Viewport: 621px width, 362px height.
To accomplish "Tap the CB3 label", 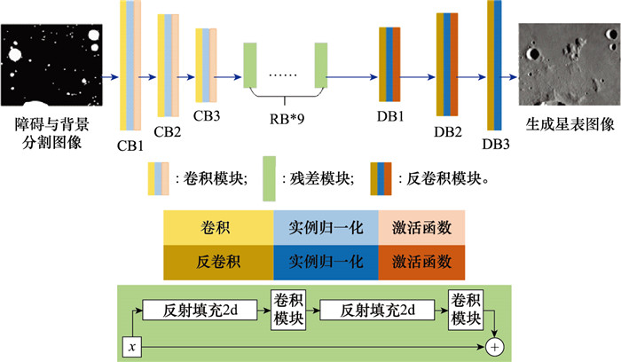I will coord(208,114).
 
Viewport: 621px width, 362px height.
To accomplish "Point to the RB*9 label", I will coord(286,114).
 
